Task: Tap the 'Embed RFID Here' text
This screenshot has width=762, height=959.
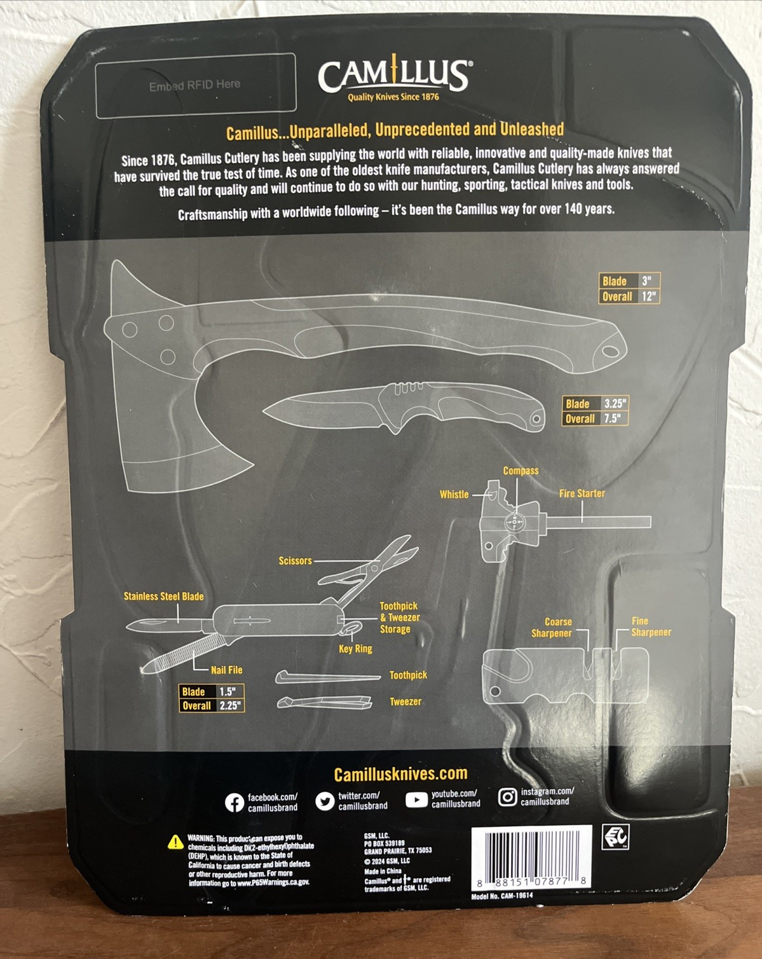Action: (x=194, y=85)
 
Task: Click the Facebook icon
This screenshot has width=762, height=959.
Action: (x=235, y=803)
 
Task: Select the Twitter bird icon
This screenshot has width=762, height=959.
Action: (x=325, y=801)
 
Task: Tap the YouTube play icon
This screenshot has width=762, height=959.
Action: (x=416, y=799)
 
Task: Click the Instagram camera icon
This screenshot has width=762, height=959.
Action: (x=507, y=797)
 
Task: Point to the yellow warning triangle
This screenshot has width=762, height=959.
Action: (x=175, y=842)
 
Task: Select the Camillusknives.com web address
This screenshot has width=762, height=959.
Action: (x=400, y=774)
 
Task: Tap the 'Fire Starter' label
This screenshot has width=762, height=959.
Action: (x=582, y=493)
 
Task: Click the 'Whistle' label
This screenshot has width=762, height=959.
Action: (x=454, y=494)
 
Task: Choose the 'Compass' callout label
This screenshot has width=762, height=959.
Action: (x=520, y=471)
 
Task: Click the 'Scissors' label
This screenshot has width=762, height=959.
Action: (x=296, y=561)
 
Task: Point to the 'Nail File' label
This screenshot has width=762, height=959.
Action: (x=227, y=670)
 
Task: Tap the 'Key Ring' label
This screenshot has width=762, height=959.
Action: (x=355, y=649)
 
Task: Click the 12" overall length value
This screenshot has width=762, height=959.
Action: (x=648, y=296)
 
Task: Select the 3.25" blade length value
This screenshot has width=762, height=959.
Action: (x=615, y=404)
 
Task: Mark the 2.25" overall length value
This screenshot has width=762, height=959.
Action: (x=230, y=705)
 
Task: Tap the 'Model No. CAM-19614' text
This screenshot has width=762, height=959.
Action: (x=502, y=896)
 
